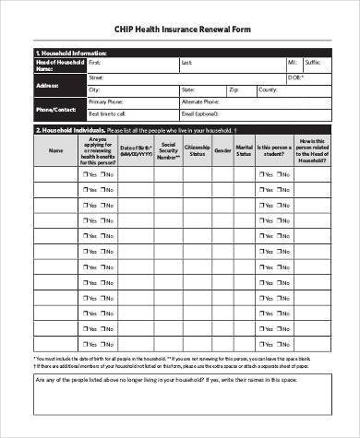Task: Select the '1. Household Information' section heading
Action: [70, 53]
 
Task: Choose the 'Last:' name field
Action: [231, 63]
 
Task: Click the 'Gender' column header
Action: [222, 149]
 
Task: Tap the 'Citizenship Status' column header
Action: [196, 149]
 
